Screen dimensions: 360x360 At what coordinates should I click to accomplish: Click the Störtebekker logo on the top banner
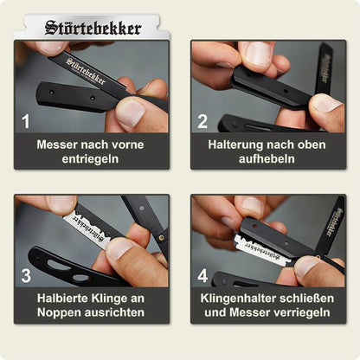93,28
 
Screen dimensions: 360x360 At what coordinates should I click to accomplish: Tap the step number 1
26,121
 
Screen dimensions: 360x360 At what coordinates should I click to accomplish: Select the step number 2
202,121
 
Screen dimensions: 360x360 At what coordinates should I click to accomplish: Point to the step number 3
26,275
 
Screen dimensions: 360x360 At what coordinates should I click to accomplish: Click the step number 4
202,275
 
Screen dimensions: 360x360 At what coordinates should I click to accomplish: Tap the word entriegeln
90,159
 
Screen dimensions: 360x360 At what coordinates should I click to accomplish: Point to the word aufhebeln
267,158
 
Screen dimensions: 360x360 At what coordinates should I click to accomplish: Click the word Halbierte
64,298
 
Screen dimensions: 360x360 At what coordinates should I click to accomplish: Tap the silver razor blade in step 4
262,250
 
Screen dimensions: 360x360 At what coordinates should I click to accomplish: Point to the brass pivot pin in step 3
160,237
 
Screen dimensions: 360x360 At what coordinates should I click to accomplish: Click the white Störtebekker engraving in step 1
86,71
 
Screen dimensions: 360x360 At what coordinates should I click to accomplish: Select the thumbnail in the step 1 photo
132,112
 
